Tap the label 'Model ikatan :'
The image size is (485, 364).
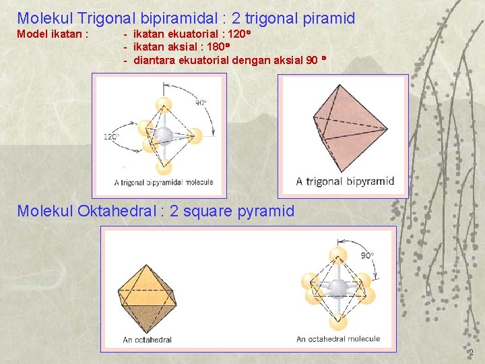(x=53, y=34)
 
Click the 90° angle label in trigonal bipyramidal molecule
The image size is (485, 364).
(x=201, y=102)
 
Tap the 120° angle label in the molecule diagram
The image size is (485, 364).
(x=111, y=136)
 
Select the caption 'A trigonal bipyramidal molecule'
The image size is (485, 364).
(x=164, y=182)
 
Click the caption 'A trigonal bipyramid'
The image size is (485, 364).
(x=345, y=181)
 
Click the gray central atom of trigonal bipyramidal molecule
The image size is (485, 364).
(x=164, y=135)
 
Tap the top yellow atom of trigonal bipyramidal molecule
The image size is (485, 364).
(x=164, y=104)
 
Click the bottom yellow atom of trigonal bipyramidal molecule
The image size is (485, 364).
(x=164, y=166)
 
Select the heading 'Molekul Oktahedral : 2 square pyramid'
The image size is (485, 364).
(x=156, y=211)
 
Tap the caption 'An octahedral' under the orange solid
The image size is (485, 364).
(x=146, y=340)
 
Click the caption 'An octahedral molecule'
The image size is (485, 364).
(x=338, y=339)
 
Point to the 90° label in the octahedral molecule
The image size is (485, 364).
(x=367, y=255)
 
